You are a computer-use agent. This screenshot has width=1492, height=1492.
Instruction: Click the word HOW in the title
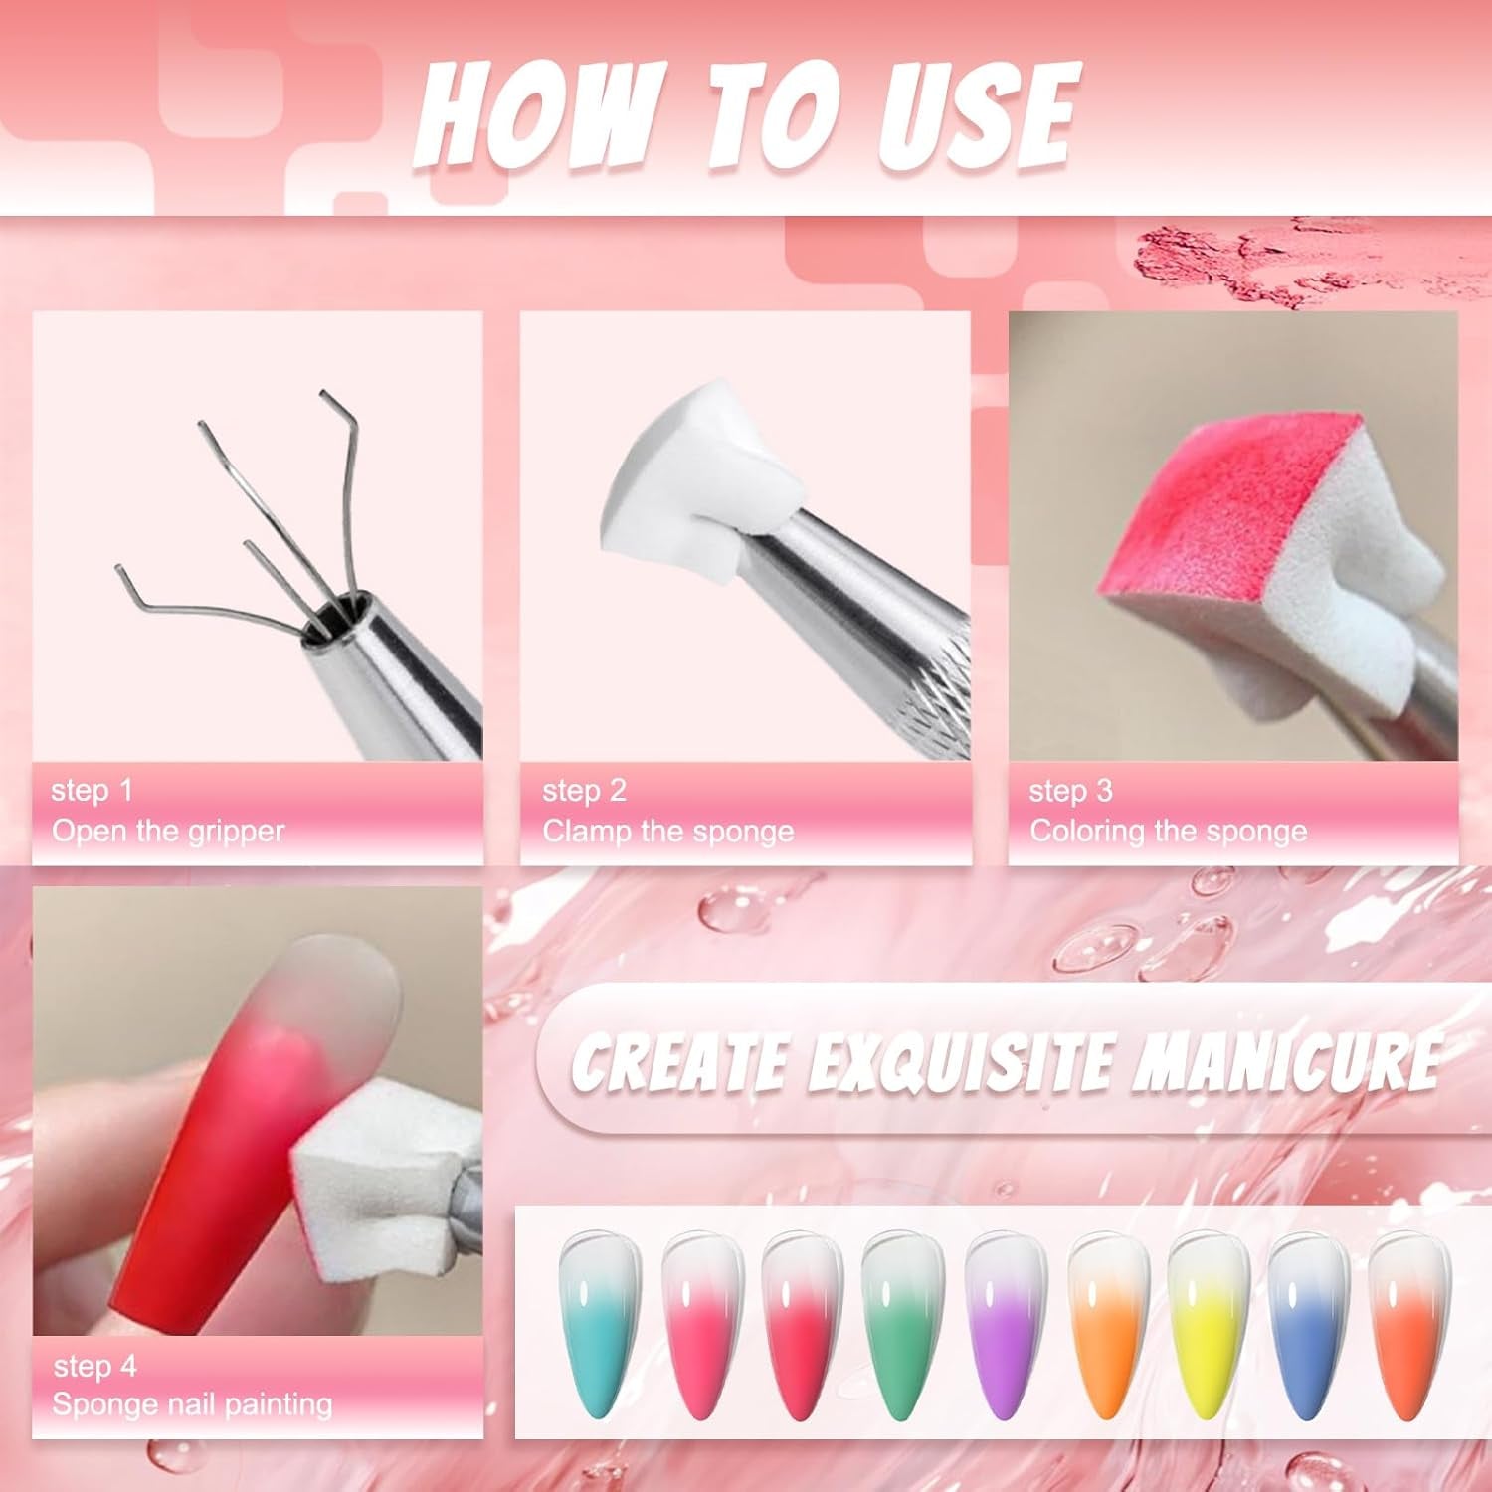point(537,117)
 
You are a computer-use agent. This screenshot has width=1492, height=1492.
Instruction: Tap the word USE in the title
point(977,117)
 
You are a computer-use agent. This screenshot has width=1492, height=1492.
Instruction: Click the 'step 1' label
point(92,791)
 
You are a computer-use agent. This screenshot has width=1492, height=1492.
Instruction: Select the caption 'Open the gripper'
point(168,831)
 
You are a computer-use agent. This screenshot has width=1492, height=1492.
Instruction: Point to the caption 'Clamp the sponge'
point(667,831)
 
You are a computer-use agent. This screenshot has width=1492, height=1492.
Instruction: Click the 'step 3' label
point(1070,791)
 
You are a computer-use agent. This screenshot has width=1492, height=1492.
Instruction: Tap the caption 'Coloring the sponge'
point(1168,831)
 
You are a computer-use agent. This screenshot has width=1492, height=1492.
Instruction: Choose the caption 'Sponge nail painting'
point(192,1404)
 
